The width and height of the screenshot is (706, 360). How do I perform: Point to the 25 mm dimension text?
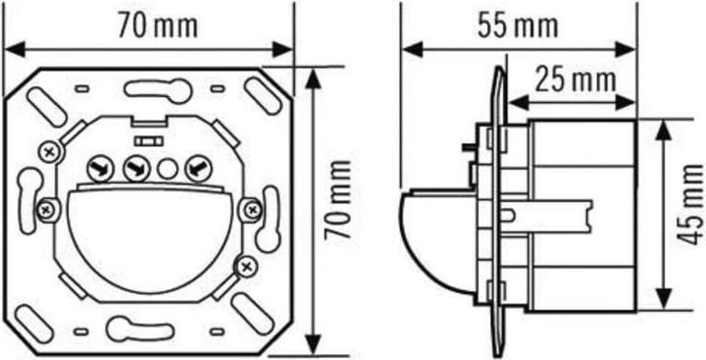569,80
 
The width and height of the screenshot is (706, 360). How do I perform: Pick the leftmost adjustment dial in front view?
99,169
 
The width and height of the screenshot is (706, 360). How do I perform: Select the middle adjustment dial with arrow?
134,169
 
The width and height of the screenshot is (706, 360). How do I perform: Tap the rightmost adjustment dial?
197,169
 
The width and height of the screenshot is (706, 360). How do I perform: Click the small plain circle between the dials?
167,169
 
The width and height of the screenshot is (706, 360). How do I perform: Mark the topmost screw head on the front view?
50,150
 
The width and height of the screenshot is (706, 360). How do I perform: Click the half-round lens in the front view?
152,240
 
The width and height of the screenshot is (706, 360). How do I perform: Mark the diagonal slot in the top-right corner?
259,93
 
